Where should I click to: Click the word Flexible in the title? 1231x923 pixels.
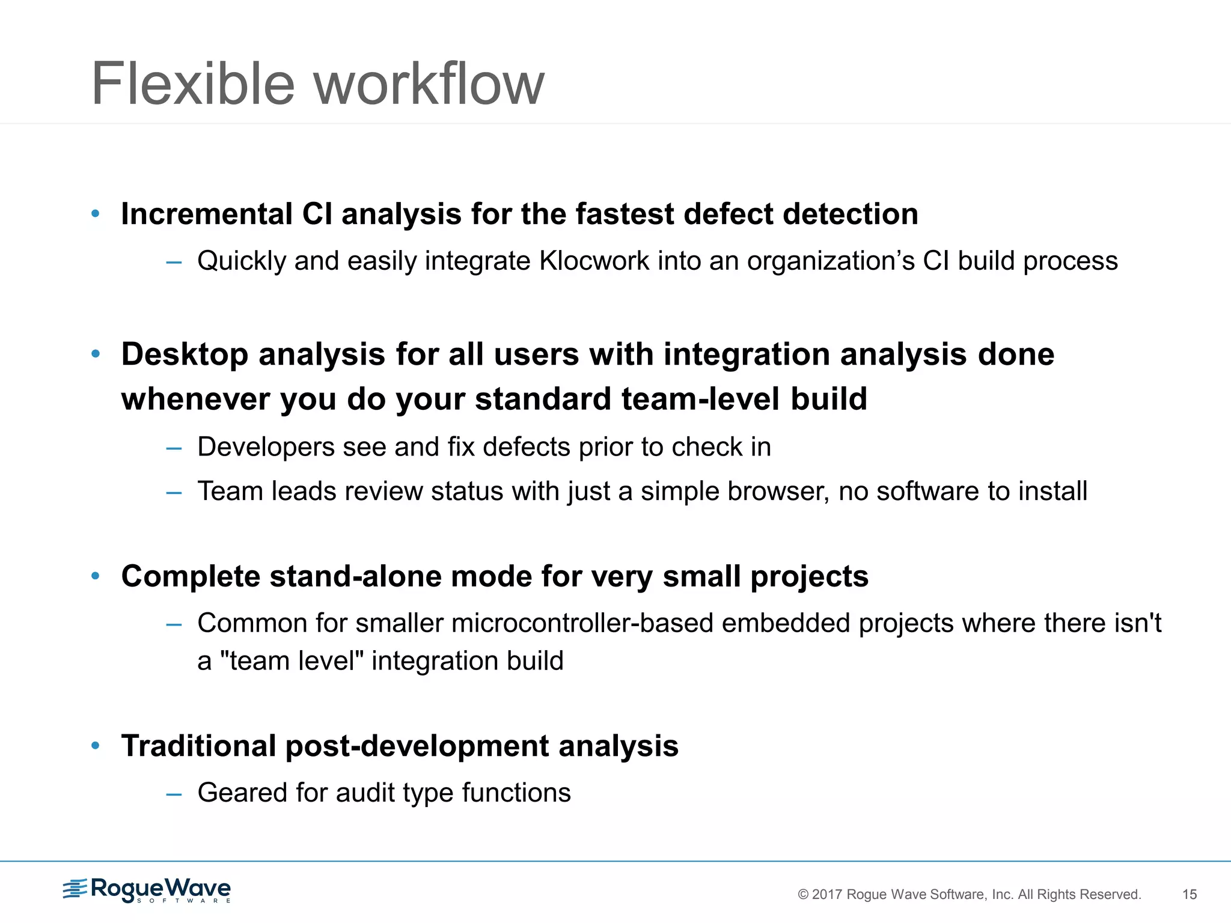click(x=192, y=84)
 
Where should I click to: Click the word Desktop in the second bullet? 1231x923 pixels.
click(x=185, y=355)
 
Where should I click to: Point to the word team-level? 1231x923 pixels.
click(x=700, y=399)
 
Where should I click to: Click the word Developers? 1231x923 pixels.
click(x=266, y=447)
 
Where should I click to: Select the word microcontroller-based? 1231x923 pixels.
click(x=582, y=623)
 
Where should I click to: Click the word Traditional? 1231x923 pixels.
click(x=198, y=746)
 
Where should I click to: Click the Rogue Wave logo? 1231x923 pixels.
click(x=147, y=889)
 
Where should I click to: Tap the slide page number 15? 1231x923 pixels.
click(x=1189, y=894)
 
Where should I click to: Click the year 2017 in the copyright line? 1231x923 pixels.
click(x=826, y=894)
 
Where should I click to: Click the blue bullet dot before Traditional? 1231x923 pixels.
click(x=95, y=746)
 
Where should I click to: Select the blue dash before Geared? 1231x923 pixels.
click(x=174, y=794)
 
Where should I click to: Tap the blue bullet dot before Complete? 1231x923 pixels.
click(x=95, y=576)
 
